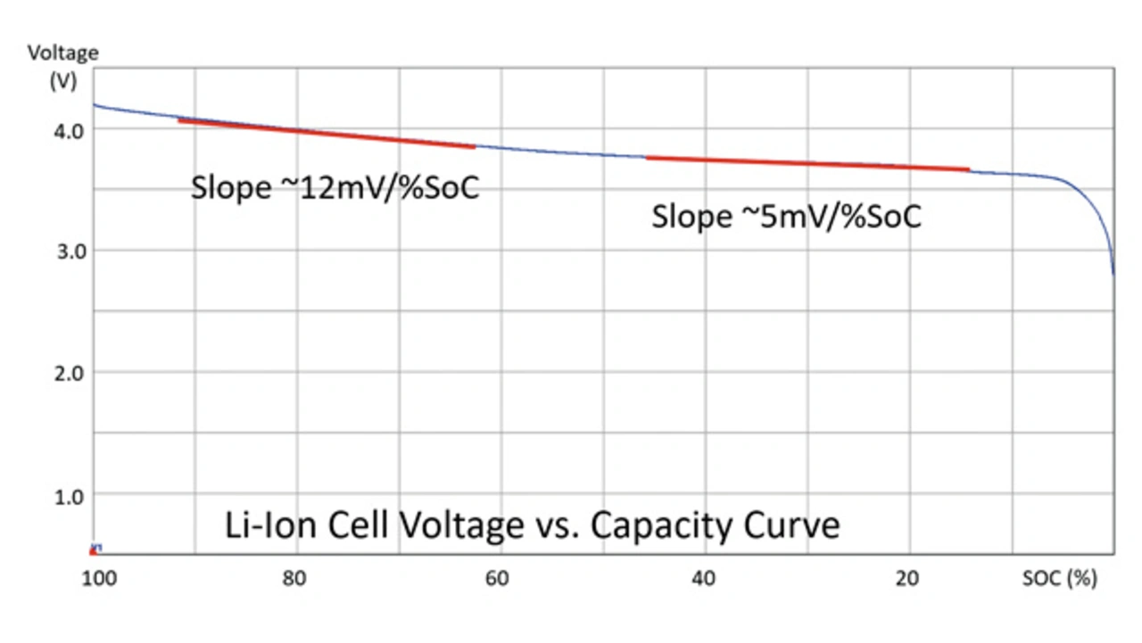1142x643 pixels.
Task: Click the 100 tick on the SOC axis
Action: [100, 579]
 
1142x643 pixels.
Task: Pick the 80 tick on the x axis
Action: [294, 579]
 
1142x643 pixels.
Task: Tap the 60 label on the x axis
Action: [497, 579]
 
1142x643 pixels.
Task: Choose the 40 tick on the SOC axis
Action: [703, 579]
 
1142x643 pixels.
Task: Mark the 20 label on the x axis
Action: [906, 579]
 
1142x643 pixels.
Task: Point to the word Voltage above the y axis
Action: [62, 53]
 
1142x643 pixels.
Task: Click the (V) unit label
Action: [63, 78]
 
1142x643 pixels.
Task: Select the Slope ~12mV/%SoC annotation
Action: [335, 188]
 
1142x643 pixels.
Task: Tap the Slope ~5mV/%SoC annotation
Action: [786, 217]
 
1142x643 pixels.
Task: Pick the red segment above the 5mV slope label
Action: [807, 163]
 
